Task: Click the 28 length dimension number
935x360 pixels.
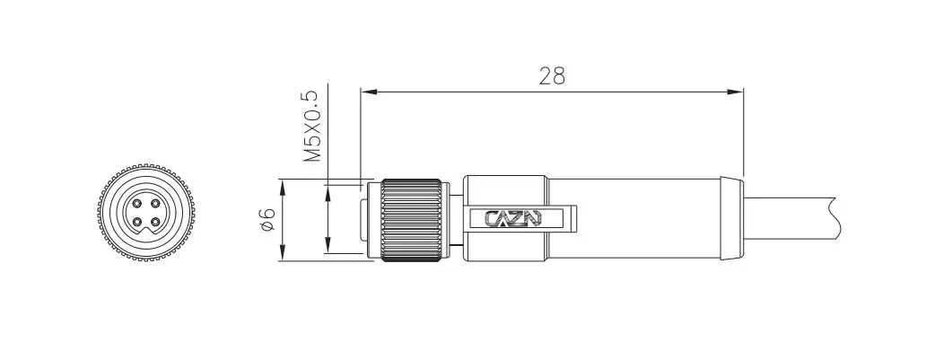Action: [x=552, y=76]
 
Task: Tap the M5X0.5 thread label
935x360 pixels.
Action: [x=312, y=127]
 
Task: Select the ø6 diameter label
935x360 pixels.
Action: [x=267, y=219]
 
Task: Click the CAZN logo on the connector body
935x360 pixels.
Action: [x=513, y=218]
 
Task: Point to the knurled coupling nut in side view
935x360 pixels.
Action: [x=412, y=220]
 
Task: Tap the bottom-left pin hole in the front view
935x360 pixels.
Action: [x=137, y=222]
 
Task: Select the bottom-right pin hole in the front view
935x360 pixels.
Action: [x=155, y=222]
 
